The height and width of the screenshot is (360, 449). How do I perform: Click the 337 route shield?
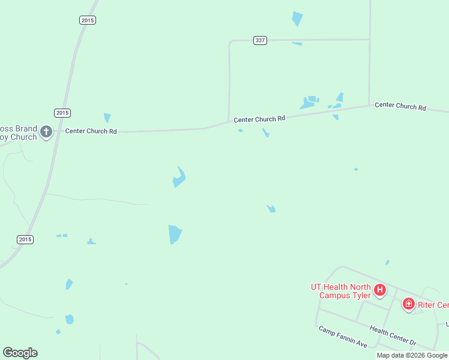[x=260, y=40]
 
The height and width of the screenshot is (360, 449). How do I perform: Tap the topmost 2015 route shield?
[x=87, y=20]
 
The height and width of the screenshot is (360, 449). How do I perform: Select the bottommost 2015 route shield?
[x=25, y=239]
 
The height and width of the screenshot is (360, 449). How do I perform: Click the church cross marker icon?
[x=46, y=131]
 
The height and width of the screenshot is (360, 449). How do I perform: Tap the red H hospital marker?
[x=379, y=290]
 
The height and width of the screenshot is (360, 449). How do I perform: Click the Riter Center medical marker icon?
[x=409, y=304]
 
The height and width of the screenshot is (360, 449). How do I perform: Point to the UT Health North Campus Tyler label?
[x=340, y=291]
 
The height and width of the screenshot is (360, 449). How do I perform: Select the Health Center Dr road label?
[x=393, y=335]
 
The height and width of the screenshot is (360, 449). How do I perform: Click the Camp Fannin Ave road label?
[x=343, y=337]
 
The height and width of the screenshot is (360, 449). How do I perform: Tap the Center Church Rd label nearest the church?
[x=91, y=131]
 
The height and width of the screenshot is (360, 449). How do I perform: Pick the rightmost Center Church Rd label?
[x=400, y=106]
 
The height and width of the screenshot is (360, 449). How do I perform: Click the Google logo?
[x=20, y=353]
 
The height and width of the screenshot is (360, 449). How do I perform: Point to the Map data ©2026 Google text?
[x=412, y=355]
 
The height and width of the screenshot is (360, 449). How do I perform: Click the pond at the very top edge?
[x=297, y=18]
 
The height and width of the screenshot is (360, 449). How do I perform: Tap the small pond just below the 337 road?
[x=297, y=44]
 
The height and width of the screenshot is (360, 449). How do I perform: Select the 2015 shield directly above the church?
[x=62, y=113]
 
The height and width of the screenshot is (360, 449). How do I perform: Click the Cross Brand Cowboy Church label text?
[x=18, y=133]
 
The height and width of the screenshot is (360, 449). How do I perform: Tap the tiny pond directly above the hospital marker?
[x=387, y=262]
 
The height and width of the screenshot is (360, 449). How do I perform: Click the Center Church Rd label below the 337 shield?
[x=259, y=119]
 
